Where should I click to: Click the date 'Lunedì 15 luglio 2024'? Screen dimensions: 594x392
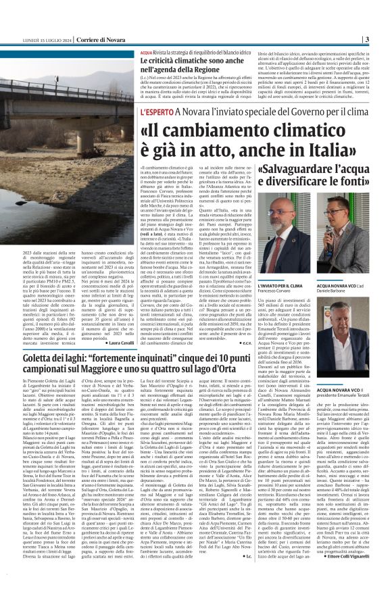coord(46,39)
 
